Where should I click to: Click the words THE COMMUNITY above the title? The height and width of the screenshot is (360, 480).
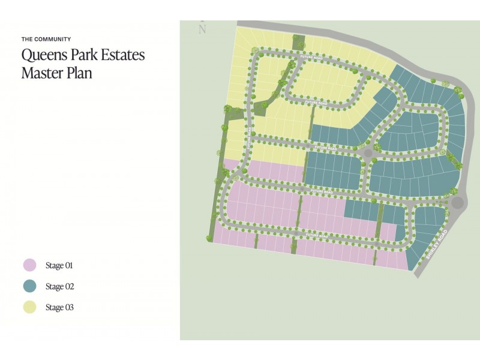pyautogui.click(x=46, y=39)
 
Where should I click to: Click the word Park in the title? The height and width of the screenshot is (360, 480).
pyautogui.click(x=85, y=55)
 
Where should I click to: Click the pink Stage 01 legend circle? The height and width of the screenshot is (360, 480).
pyautogui.click(x=29, y=265)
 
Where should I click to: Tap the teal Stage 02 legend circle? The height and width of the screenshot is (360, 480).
pyautogui.click(x=29, y=286)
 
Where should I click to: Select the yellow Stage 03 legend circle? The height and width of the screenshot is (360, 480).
pyautogui.click(x=29, y=308)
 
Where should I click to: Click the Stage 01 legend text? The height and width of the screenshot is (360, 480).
pyautogui.click(x=59, y=265)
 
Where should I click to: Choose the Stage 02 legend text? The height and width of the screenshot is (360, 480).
pyautogui.click(x=59, y=286)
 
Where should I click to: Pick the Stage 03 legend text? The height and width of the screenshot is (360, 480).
pyautogui.click(x=59, y=308)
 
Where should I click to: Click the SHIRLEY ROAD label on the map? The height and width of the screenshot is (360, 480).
pyautogui.click(x=437, y=245)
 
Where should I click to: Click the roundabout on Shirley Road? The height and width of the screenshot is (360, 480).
pyautogui.click(x=457, y=203)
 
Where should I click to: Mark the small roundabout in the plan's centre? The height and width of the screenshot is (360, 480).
pyautogui.click(x=368, y=153)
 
